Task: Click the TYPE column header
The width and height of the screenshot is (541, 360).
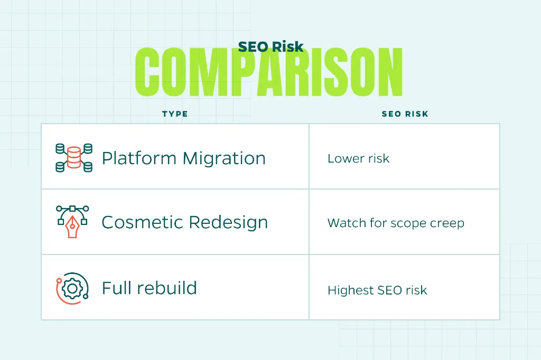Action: [x=175, y=114]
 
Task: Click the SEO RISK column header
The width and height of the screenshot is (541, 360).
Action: [x=405, y=114]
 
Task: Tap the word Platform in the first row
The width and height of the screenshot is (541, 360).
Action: [x=139, y=158]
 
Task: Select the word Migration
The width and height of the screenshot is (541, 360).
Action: [x=224, y=158]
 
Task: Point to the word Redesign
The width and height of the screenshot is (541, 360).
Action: [x=228, y=222]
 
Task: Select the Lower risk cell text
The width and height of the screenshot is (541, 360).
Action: [x=359, y=158]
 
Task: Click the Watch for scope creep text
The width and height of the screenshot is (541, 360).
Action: [x=396, y=223]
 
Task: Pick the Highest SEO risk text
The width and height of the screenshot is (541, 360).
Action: [x=377, y=290]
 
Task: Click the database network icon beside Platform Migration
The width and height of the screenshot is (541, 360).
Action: [x=74, y=158]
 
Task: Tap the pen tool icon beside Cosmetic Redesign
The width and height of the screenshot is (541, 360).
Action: [x=72, y=221]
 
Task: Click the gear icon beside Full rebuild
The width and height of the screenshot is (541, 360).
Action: [x=72, y=288]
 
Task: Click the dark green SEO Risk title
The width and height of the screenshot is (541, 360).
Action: [x=271, y=46]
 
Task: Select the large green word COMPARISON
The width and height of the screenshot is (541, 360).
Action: [x=269, y=72]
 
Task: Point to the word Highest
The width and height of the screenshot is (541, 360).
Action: [x=351, y=290]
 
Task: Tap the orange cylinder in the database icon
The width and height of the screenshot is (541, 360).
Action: [x=74, y=158]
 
